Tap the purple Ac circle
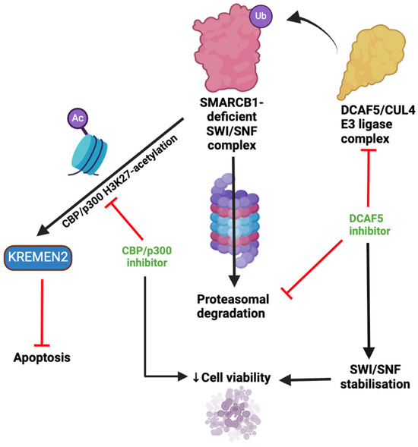[77, 118]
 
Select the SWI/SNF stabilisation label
[369, 376]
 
